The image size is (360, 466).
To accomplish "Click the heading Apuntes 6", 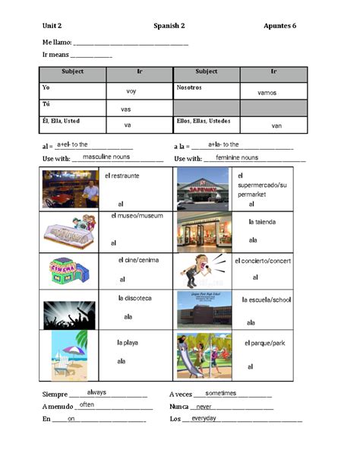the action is click(x=279, y=26).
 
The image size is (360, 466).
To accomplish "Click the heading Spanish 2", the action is click(x=169, y=26).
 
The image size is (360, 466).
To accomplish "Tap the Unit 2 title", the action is click(x=52, y=26).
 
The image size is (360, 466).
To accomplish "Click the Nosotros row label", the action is click(x=191, y=87).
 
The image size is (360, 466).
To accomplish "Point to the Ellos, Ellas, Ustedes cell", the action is click(x=204, y=122).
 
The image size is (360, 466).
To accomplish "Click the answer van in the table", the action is click(x=276, y=125).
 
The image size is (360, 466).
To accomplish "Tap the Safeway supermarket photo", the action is click(x=203, y=189).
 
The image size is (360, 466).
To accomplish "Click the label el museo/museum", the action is click(x=137, y=216).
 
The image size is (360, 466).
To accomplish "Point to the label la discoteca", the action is click(x=137, y=298).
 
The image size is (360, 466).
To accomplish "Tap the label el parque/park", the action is click(x=265, y=344).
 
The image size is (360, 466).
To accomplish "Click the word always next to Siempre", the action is click(x=96, y=392).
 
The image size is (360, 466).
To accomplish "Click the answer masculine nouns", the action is click(x=106, y=157).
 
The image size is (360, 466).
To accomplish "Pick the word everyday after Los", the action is click(x=204, y=418).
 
